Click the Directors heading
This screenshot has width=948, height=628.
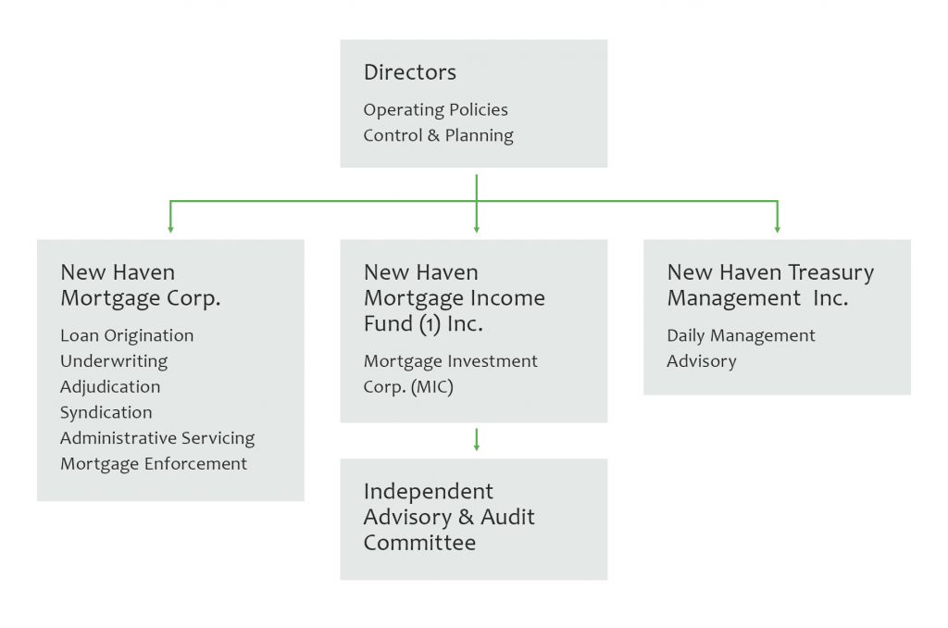pyautogui.click(x=410, y=72)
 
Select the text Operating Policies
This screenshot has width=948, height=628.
pyautogui.click(x=435, y=110)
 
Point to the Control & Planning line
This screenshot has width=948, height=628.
pyautogui.click(x=438, y=135)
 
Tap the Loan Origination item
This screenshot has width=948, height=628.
pyautogui.click(x=127, y=336)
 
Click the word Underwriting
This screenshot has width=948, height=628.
pyautogui.click(x=114, y=361)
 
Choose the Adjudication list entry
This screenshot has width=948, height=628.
pyautogui.click(x=110, y=387)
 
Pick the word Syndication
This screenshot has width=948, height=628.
pyautogui.click(x=106, y=412)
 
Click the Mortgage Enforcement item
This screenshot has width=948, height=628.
pyautogui.click(x=154, y=464)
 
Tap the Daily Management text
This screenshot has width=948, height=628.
pyautogui.click(x=741, y=336)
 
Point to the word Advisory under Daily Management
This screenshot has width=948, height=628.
pyautogui.click(x=702, y=361)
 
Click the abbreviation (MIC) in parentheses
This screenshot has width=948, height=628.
pyautogui.click(x=432, y=387)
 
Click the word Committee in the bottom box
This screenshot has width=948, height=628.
pyautogui.click(x=419, y=543)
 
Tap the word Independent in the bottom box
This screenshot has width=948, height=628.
pyautogui.click(x=428, y=492)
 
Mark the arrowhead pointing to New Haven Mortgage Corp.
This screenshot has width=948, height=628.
pyautogui.click(x=170, y=230)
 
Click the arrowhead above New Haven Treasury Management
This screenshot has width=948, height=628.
pyautogui.click(x=778, y=230)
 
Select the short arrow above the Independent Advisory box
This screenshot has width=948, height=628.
pyautogui.click(x=477, y=440)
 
